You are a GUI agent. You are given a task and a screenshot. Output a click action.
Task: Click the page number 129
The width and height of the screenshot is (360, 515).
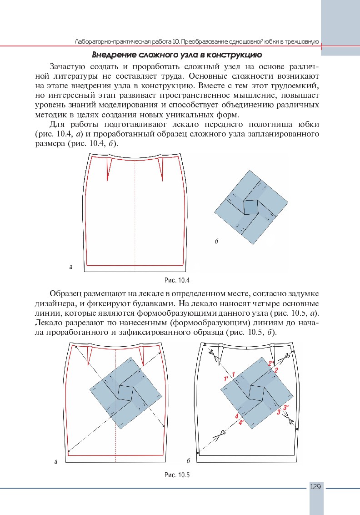coord(316,487)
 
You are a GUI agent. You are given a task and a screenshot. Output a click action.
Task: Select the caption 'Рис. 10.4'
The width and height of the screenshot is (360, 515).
coord(176,280)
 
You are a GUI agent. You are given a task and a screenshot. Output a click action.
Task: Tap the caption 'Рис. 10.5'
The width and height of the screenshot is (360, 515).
coord(176,475)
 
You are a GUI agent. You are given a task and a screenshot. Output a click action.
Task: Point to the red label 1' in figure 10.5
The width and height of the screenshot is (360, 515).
coord(225,379)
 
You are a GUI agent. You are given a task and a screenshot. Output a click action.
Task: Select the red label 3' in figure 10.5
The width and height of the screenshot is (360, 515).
coord(286,408)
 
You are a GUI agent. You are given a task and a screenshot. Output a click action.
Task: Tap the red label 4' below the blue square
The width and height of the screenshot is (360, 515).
coord(241,422)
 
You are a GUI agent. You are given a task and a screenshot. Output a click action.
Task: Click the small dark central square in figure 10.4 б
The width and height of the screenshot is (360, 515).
coord(250,207)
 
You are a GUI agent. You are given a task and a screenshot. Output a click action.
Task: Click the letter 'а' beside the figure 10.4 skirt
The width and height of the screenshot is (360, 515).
coord(70,267)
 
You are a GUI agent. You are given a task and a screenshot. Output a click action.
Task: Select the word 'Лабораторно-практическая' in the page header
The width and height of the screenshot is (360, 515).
coord(105,42)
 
